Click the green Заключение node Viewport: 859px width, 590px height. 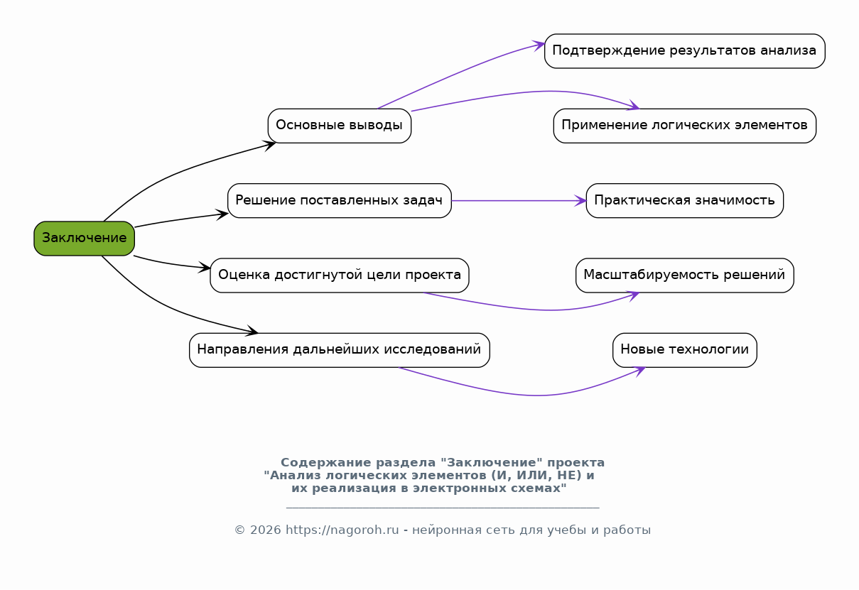[x=85, y=239]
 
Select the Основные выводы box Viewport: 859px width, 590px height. [x=340, y=126]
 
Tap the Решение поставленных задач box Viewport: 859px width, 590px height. [x=340, y=201]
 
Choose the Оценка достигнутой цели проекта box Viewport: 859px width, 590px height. [x=340, y=275]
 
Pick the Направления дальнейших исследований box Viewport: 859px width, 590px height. [x=340, y=350]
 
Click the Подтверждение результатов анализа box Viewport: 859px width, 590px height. [x=685, y=51]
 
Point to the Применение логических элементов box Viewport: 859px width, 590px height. [x=685, y=126]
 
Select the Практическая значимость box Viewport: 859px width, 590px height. [x=685, y=201]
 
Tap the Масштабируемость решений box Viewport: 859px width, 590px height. [x=685, y=275]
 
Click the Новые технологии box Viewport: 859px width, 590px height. [x=685, y=350]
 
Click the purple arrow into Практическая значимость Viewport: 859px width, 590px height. [x=519, y=201]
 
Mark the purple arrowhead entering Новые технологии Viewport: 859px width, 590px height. [x=639, y=371]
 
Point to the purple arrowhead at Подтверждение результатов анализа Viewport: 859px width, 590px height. [x=539, y=45]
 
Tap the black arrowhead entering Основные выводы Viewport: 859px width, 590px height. [x=269, y=146]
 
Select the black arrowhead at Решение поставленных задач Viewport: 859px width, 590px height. [x=222, y=214]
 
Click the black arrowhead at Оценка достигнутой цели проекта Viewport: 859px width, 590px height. [x=204, y=268]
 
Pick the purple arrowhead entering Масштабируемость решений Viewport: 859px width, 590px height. [x=633, y=296]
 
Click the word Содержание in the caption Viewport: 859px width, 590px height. [x=326, y=463]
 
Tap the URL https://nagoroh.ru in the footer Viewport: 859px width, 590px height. [x=342, y=530]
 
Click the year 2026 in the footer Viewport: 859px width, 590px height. [x=265, y=530]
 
